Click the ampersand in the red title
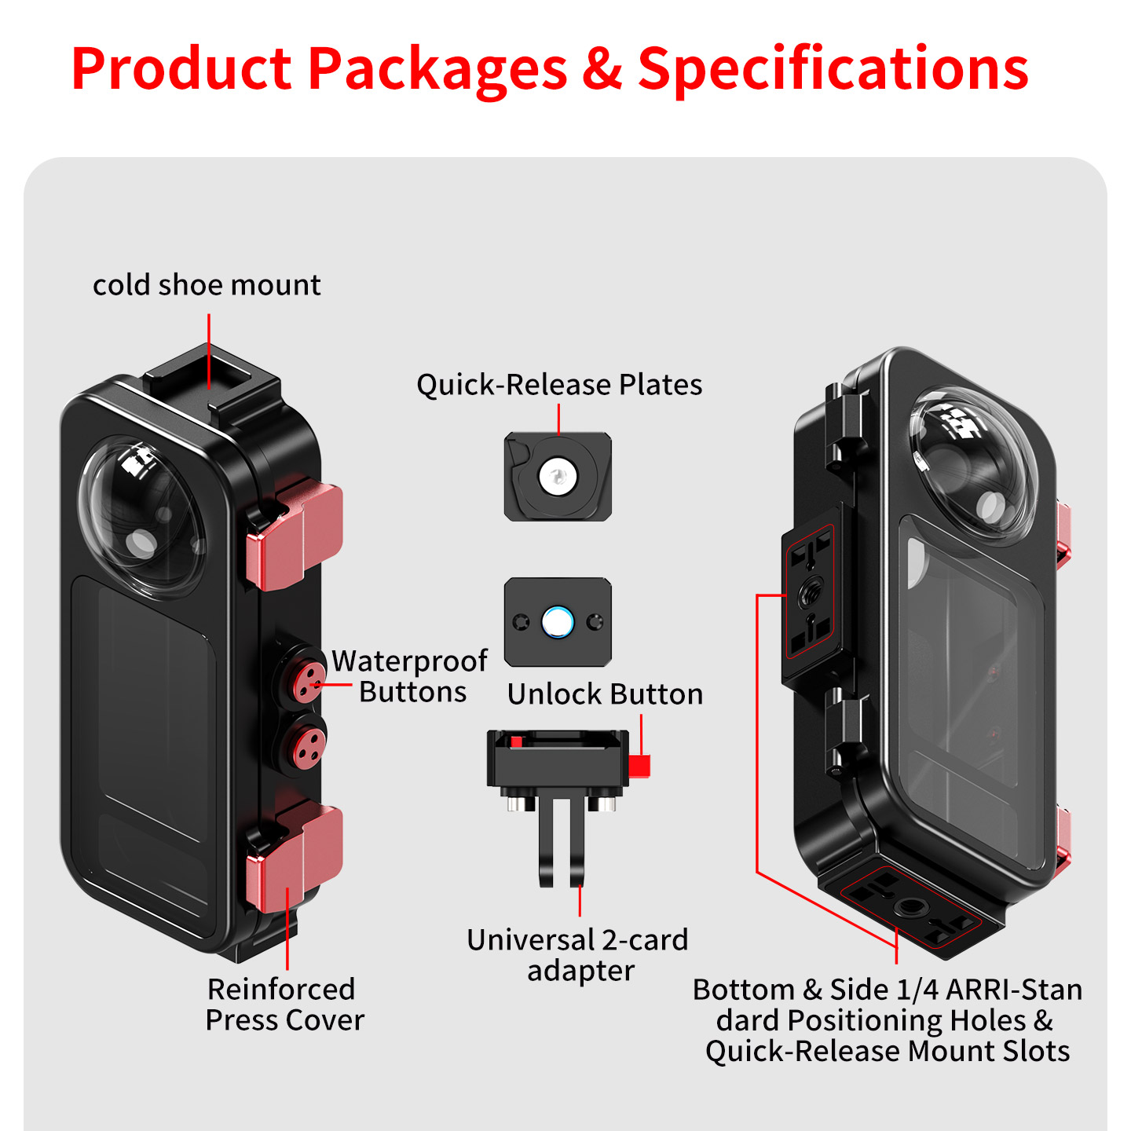[x=602, y=69]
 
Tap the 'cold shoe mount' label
[x=207, y=285]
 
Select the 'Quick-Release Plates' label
[x=559, y=385]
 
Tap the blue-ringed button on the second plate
[x=557, y=621]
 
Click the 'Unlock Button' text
[x=605, y=694]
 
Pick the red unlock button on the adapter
[x=639, y=766]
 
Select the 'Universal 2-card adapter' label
[x=577, y=955]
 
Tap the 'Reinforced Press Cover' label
[x=284, y=1005]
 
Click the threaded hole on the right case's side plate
[x=811, y=596]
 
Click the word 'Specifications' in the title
[x=833, y=69]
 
